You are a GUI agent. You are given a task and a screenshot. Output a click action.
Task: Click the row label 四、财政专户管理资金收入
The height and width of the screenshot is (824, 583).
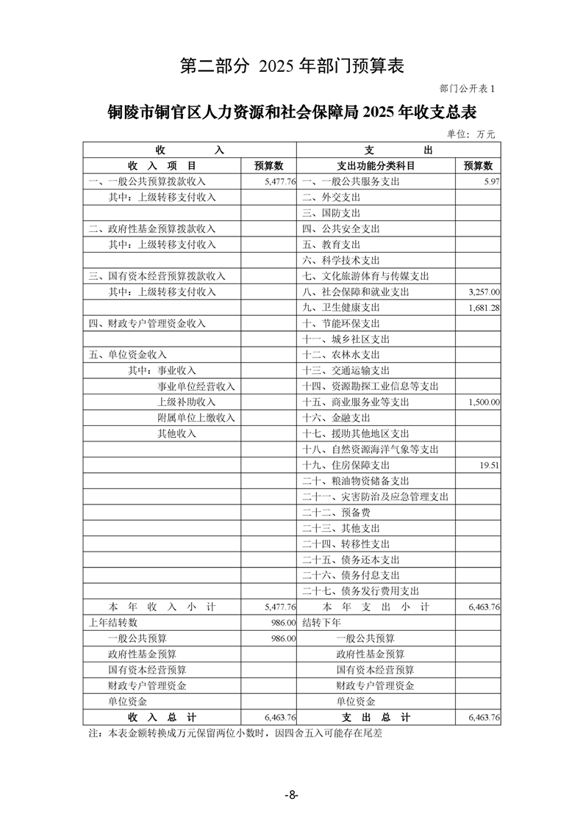pyautogui.click(x=147, y=323)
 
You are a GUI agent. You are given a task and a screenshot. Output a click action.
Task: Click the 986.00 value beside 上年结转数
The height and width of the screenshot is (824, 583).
pyautogui.click(x=283, y=623)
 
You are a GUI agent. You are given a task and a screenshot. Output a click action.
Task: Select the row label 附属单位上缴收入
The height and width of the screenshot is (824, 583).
pyautogui.click(x=196, y=418)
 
